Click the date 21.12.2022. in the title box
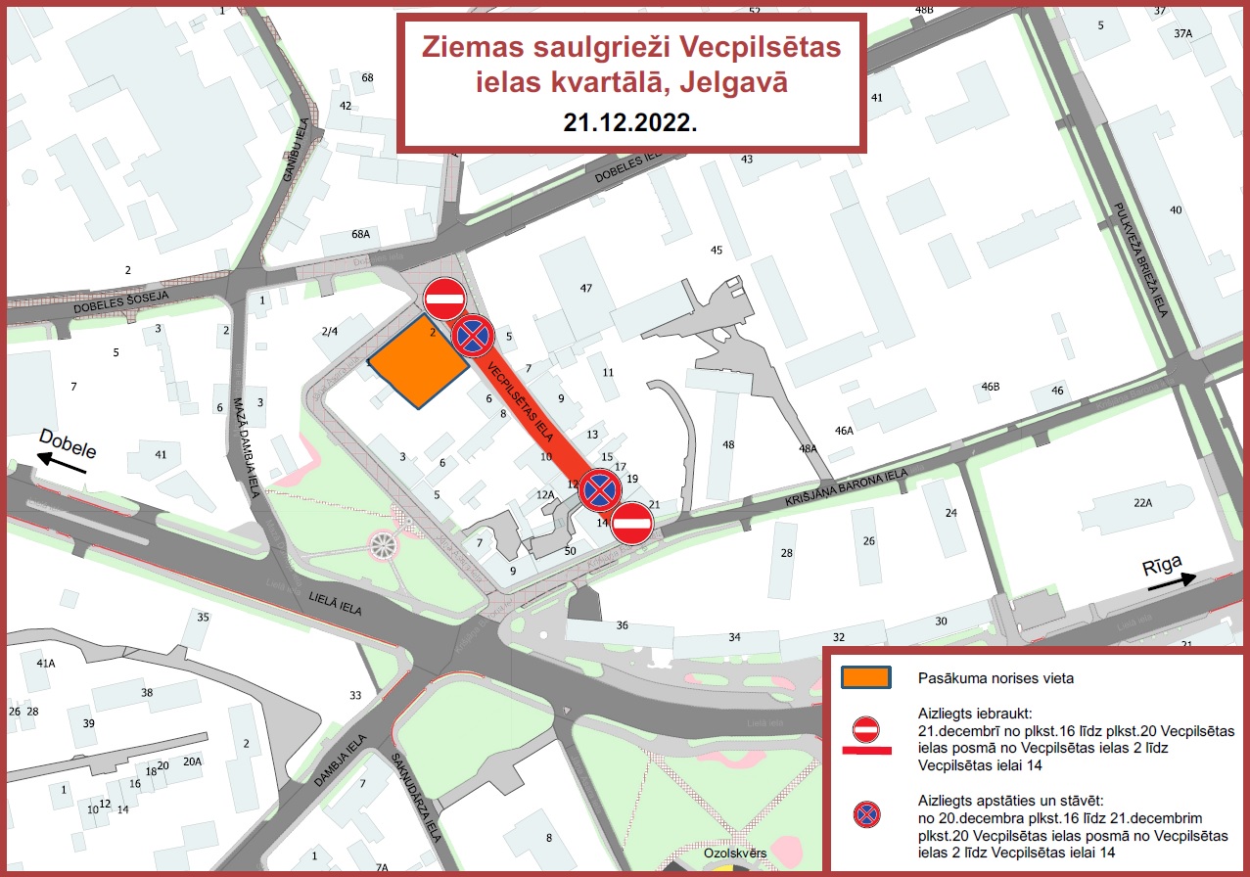click(630, 122)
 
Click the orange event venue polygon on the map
click(418, 361)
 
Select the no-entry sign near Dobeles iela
click(444, 299)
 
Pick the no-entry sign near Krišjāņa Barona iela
click(632, 524)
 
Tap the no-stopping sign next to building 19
click(599, 490)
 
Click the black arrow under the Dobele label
click(62, 464)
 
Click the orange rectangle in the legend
click(866, 677)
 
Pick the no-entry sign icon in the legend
click(866, 729)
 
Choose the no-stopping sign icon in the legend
click(866, 812)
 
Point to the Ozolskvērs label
click(734, 854)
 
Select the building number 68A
click(360, 234)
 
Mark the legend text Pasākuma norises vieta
click(989, 677)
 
